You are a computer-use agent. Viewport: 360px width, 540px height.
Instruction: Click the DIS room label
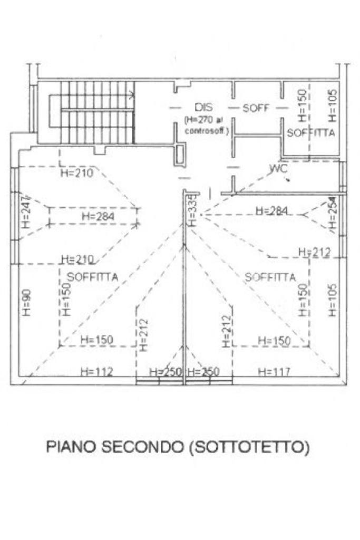(203, 107)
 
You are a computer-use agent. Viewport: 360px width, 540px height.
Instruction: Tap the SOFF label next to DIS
(256, 108)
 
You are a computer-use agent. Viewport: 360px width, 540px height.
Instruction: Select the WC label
(277, 169)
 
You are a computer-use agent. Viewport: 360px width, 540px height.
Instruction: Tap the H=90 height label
(27, 303)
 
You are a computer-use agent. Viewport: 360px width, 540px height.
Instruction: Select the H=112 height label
(96, 372)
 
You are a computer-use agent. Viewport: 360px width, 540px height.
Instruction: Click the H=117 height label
(274, 372)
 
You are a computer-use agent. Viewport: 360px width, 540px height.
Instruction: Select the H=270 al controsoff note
(206, 126)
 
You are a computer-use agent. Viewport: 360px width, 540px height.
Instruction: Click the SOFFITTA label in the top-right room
(311, 133)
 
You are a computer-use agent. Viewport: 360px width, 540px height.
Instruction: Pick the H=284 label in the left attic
(98, 216)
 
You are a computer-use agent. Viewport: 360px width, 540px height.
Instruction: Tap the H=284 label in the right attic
(271, 211)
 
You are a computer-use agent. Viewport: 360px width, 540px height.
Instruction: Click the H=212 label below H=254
(315, 252)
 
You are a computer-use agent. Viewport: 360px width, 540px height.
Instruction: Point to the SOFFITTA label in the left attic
(93, 276)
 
